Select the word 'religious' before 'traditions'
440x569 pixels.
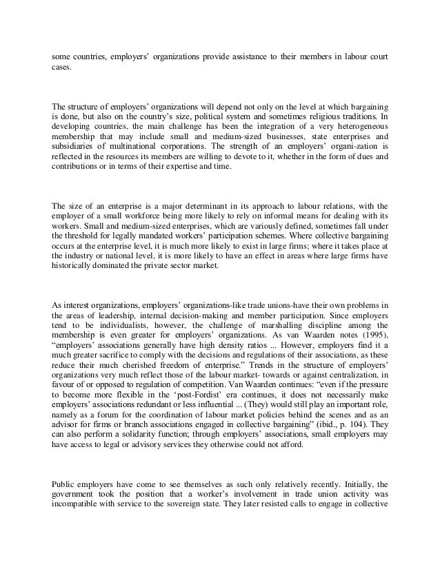(317, 116)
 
